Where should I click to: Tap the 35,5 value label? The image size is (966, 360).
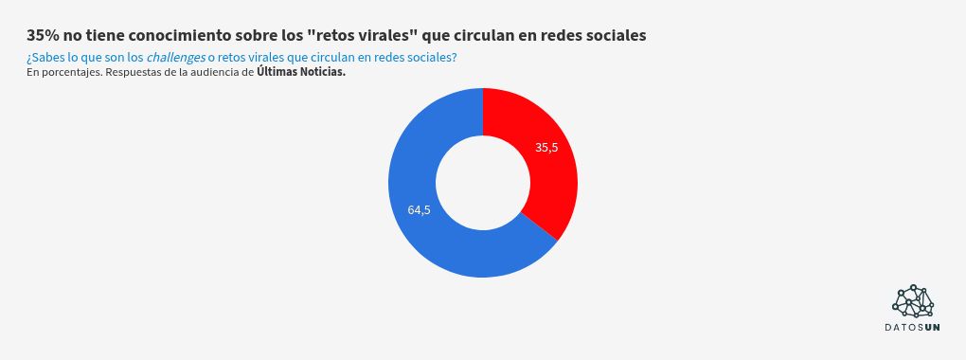point(546,147)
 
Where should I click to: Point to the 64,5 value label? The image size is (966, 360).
point(419,210)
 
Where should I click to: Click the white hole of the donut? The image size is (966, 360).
point(483,183)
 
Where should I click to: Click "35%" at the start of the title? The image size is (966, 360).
point(43,35)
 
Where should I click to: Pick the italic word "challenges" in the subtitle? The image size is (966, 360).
point(175,58)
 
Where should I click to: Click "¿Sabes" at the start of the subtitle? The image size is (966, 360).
point(46,58)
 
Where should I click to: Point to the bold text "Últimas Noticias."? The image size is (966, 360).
point(301,72)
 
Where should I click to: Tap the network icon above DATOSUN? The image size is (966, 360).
point(914,300)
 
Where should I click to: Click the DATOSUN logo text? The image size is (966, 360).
point(913,328)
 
